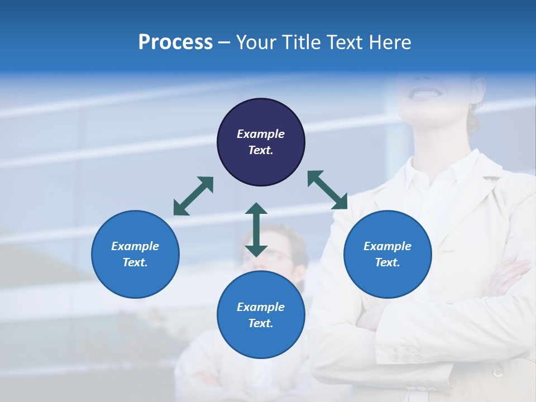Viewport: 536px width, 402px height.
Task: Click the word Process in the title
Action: tap(175, 42)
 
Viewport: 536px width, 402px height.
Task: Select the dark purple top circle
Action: tap(261, 142)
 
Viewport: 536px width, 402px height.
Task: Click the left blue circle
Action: tap(135, 254)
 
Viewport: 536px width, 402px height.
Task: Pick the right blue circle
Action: tap(387, 254)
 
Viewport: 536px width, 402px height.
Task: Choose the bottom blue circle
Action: tap(261, 315)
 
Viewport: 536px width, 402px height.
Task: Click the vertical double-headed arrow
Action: tap(256, 229)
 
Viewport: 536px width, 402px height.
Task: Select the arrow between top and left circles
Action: tap(194, 196)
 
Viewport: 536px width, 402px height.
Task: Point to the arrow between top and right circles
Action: tap(328, 190)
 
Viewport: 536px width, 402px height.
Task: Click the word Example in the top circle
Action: tap(261, 134)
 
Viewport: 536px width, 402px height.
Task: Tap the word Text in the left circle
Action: tap(135, 262)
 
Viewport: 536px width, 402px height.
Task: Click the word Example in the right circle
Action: tap(387, 246)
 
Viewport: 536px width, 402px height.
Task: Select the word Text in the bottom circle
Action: tap(261, 323)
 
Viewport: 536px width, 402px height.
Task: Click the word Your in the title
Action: tap(256, 42)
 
